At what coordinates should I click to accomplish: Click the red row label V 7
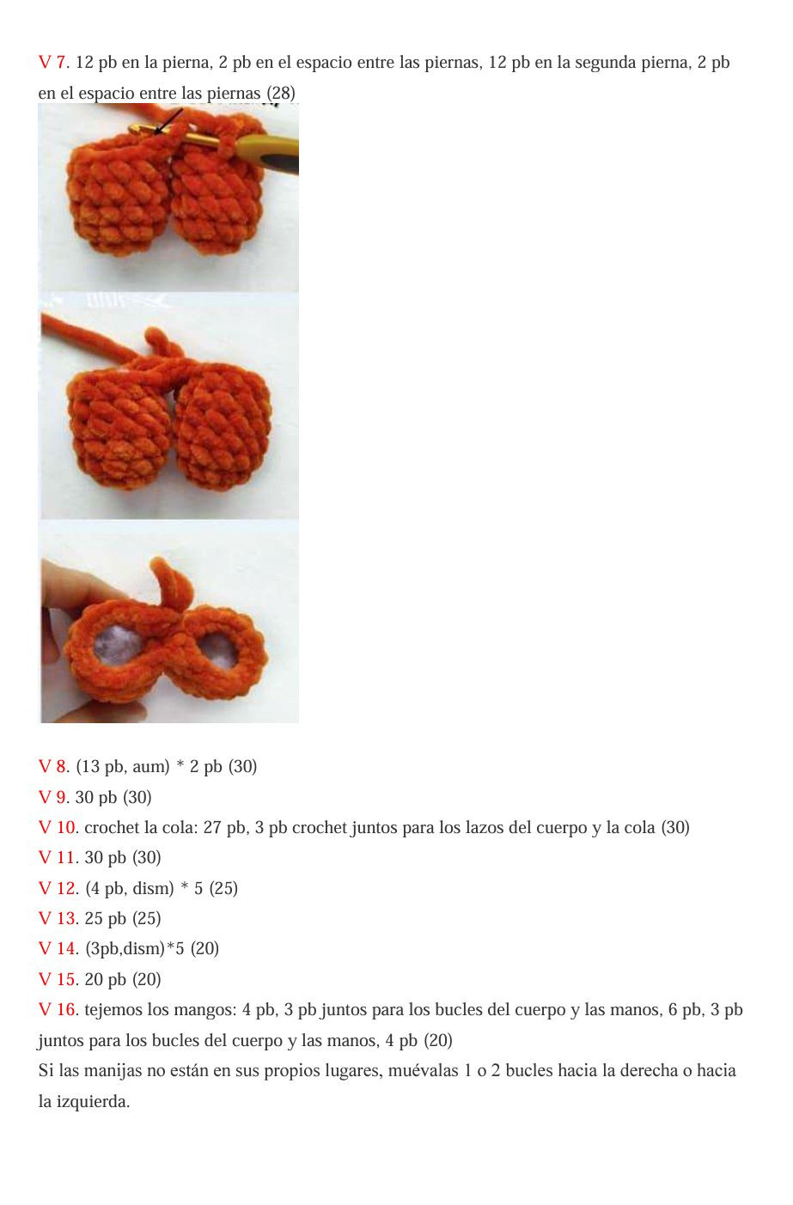click(x=52, y=63)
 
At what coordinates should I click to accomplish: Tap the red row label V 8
click(x=52, y=767)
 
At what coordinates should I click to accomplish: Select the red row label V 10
click(x=58, y=828)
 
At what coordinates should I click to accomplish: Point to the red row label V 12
click(x=58, y=888)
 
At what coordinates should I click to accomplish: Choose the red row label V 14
click(x=58, y=949)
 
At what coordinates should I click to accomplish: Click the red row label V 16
click(x=58, y=1010)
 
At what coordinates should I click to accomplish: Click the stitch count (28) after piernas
click(x=281, y=93)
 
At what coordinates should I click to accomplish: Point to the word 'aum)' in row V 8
click(x=151, y=767)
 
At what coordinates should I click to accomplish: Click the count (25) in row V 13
click(x=146, y=919)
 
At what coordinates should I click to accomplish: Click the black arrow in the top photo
click(x=169, y=120)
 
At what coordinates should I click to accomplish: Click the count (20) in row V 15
click(x=146, y=980)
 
